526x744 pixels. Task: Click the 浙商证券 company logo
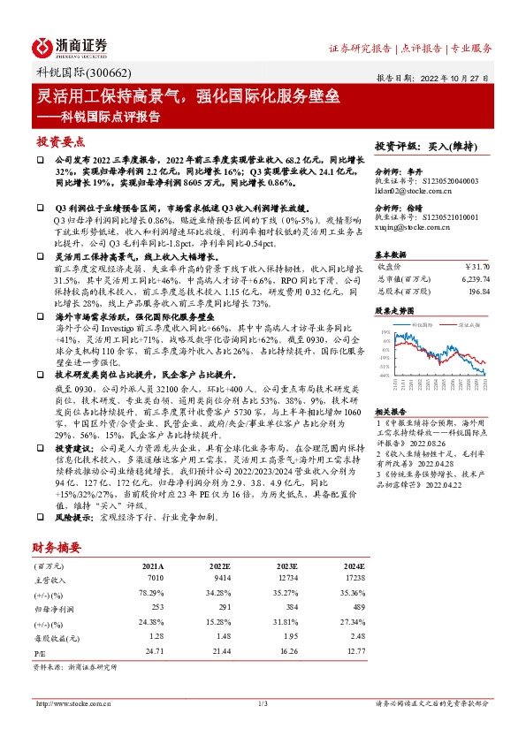pos(71,47)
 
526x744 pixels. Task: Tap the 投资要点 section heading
pos(61,141)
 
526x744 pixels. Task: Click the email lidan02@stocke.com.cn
pos(413,191)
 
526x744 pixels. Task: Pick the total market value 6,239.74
pos(474,277)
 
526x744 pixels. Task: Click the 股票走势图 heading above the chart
pos(395,311)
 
